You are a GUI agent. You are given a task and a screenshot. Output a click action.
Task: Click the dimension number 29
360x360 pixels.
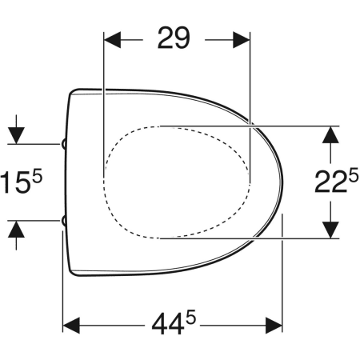coord(174,38)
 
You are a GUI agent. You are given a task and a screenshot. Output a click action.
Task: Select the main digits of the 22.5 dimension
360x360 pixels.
coord(331,182)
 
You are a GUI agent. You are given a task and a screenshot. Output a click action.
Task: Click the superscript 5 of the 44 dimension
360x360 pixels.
coord(191,317)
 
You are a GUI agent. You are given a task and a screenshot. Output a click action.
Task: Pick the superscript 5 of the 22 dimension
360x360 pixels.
coord(354,176)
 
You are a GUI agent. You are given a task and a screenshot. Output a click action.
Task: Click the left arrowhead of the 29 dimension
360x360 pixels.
coord(112,40)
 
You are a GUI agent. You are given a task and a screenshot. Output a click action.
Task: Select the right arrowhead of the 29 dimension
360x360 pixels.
coord(242,40)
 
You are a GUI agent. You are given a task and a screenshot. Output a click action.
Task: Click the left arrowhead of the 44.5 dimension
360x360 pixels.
coord(71,326)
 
